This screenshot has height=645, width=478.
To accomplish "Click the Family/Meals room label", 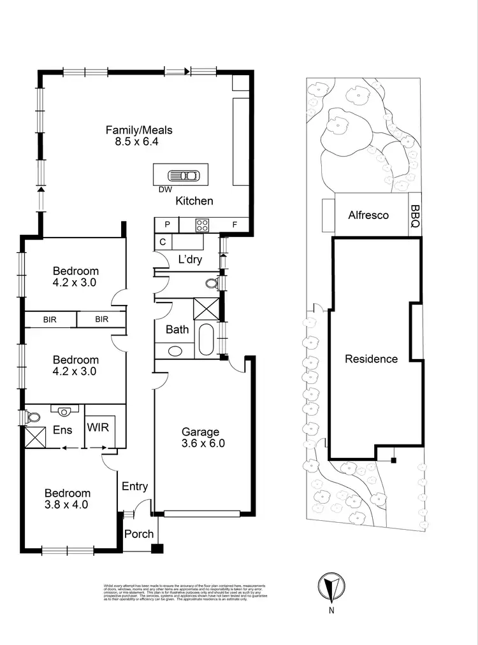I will [139, 131].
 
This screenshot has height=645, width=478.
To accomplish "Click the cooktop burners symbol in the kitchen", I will [203, 225].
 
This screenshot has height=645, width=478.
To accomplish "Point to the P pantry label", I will [167, 225].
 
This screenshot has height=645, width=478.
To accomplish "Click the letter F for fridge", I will [235, 225].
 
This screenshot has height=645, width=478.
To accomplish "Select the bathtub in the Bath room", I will [206, 340].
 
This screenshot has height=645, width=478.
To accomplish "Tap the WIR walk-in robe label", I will [98, 427].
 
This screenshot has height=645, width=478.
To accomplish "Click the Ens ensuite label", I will [62, 430].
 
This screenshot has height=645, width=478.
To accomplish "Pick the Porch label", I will [138, 534].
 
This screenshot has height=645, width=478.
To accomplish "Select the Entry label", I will [134, 486].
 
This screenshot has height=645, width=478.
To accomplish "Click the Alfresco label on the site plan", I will [368, 215].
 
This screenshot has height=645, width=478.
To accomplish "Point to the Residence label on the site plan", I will [371, 358].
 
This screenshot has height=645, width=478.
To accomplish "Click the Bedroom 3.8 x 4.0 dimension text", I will [66, 504].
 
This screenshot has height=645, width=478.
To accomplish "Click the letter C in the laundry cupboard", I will [163, 242].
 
